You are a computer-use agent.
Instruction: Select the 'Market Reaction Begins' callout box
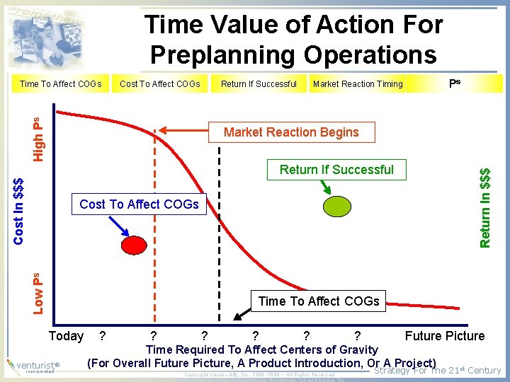point(291,132)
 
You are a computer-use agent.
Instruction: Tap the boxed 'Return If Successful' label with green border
point(336,170)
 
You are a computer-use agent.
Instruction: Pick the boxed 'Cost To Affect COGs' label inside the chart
point(139,204)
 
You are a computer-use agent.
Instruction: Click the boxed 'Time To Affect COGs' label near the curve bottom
point(319,301)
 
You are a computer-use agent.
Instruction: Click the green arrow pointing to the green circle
point(326,186)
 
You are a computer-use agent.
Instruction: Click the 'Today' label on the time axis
point(66,336)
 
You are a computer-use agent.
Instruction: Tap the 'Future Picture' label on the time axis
point(445,336)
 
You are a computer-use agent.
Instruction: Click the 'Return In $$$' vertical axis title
point(485,207)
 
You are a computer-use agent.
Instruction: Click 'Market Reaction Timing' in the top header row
point(358,84)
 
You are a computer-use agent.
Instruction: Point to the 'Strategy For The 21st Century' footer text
point(437,371)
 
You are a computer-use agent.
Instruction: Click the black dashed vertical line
point(220,226)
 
